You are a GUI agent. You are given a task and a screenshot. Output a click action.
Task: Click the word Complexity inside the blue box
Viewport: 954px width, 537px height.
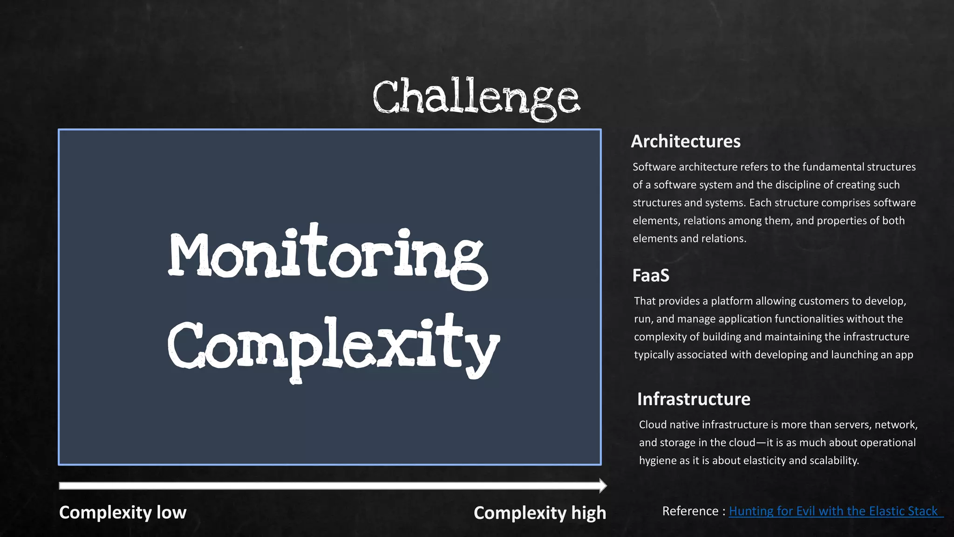click(333, 346)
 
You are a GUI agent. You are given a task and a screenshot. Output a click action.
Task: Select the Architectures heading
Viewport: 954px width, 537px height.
click(686, 141)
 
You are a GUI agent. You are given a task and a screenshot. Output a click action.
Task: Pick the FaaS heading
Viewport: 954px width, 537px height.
click(651, 275)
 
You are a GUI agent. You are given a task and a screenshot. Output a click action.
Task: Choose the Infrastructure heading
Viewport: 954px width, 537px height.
click(694, 399)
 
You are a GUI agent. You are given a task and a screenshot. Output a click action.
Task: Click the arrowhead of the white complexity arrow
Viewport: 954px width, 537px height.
click(603, 486)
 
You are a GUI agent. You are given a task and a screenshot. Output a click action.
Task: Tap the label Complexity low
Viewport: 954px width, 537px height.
click(123, 512)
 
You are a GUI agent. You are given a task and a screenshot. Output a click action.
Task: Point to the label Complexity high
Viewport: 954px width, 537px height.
click(540, 513)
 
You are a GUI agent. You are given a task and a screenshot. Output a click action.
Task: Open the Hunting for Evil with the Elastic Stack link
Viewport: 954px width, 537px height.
click(833, 511)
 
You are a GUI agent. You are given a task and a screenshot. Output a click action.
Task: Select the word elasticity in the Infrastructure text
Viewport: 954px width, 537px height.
click(764, 461)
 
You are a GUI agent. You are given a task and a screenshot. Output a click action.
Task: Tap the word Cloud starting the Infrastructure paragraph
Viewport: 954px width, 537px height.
click(651, 425)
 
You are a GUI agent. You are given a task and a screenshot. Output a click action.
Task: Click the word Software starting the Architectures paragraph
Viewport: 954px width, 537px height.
click(654, 167)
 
